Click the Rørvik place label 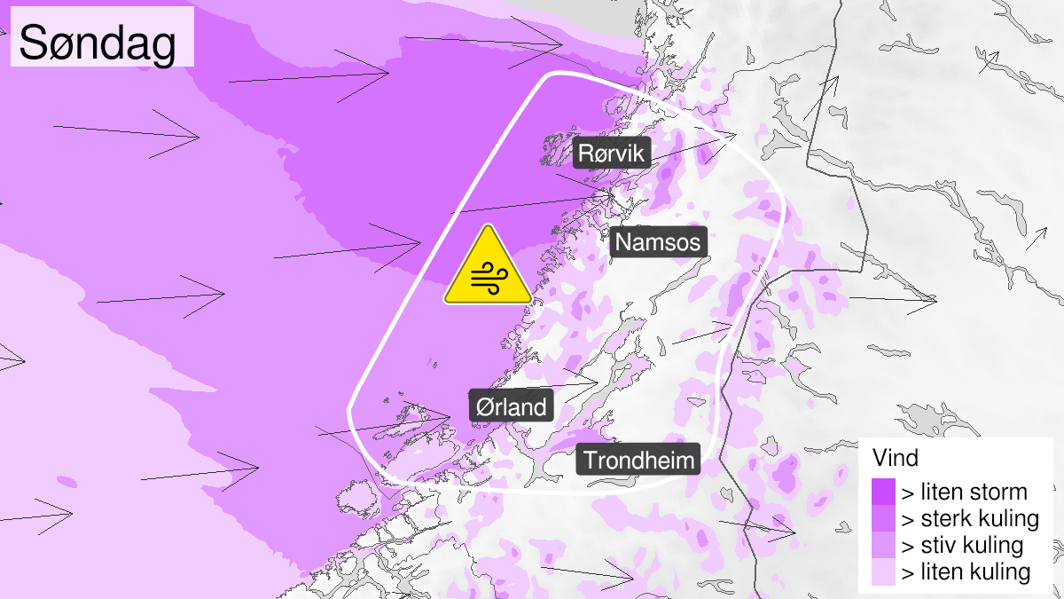[x=613, y=154]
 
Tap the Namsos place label [x=658, y=242]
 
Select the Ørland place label [x=512, y=407]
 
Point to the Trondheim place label [x=638, y=461]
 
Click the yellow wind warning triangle [x=487, y=269]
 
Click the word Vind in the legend [x=896, y=459]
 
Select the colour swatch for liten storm [x=883, y=492]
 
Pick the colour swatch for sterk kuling [x=883, y=518]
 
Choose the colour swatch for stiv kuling [x=883, y=545]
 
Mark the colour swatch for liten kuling [x=883, y=572]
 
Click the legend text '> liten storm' [x=964, y=492]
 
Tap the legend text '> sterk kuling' [x=969, y=518]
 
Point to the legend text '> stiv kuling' [x=962, y=545]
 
